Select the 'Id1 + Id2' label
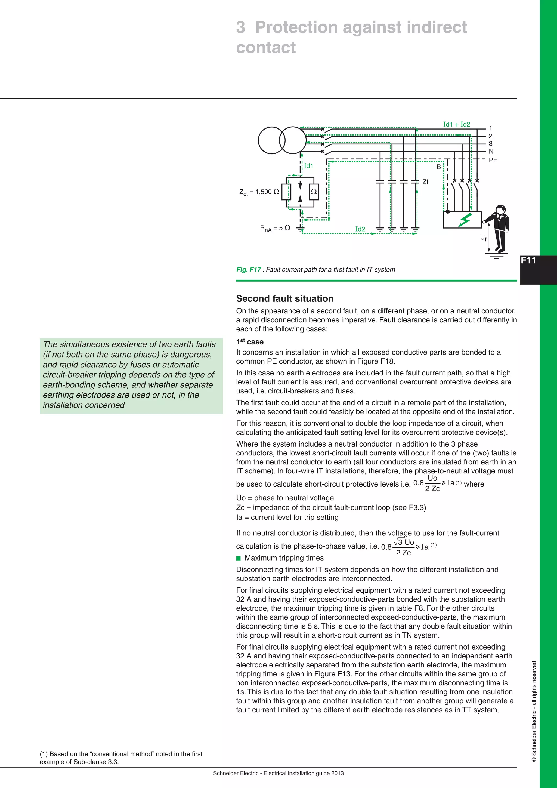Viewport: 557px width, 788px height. [x=457, y=124]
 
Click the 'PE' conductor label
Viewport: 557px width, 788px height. [x=493, y=160]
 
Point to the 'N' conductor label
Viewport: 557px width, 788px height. [x=491, y=151]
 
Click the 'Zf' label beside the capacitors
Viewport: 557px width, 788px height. [x=425, y=182]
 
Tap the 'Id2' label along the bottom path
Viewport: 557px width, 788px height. [x=360, y=229]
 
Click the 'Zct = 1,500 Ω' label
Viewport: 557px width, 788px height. [x=259, y=192]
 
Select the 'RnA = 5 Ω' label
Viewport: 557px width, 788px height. [x=275, y=228]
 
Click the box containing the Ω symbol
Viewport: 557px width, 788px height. [x=314, y=192]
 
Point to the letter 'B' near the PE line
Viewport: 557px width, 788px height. [x=438, y=167]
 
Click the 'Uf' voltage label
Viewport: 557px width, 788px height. [x=483, y=238]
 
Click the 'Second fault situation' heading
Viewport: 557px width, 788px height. [x=285, y=298]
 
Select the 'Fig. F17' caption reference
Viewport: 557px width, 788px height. [x=248, y=269]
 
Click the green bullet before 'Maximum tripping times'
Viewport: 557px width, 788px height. [x=239, y=558]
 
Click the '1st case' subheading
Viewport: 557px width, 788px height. [x=250, y=342]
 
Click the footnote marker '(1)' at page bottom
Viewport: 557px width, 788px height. [x=44, y=754]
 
